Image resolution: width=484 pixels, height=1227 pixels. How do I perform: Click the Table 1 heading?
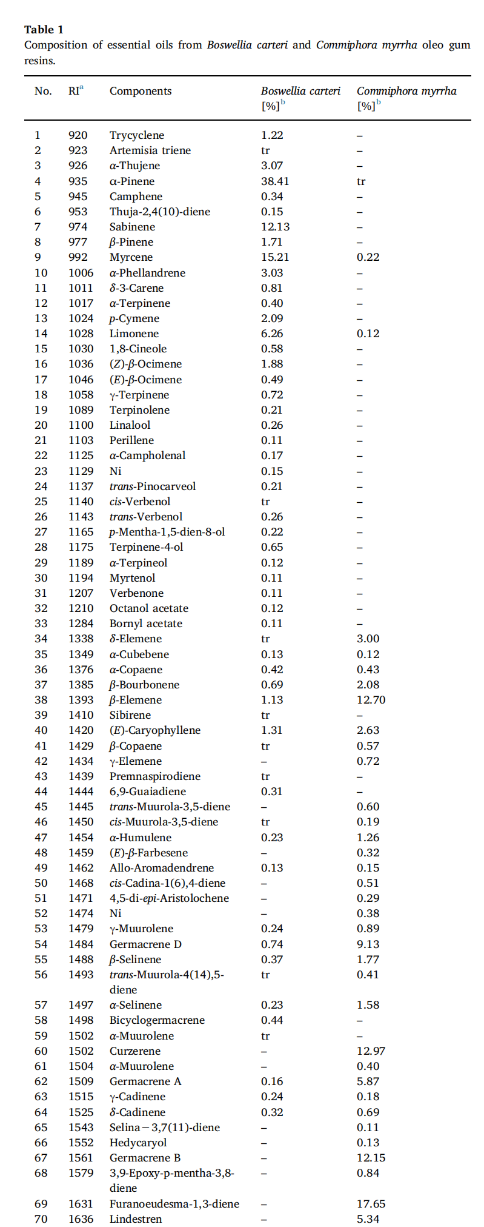click(x=44, y=29)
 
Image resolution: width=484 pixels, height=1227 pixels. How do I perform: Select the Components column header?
click(x=141, y=91)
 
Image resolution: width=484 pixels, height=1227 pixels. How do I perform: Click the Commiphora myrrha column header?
click(x=406, y=91)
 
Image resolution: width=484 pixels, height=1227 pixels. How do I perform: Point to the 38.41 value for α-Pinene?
click(x=275, y=181)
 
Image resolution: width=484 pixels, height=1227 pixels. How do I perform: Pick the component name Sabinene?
click(x=132, y=227)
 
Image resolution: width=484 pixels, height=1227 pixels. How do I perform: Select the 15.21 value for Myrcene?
click(x=275, y=257)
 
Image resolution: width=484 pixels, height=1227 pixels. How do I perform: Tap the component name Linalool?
click(x=130, y=425)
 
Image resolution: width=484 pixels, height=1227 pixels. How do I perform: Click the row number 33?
click(x=41, y=624)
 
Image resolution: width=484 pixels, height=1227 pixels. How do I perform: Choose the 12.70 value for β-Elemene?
click(x=371, y=700)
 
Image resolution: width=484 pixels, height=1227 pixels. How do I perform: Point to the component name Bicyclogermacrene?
click(x=157, y=1020)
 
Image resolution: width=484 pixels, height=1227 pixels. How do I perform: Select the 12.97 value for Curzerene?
click(x=371, y=1051)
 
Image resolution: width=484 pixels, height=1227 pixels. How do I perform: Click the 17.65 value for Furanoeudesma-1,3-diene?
click(x=371, y=1204)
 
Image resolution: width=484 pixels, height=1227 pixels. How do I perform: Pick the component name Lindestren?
click(x=136, y=1219)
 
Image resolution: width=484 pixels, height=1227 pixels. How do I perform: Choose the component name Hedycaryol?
click(x=138, y=1143)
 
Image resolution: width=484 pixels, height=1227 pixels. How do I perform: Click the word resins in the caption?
click(x=39, y=61)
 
